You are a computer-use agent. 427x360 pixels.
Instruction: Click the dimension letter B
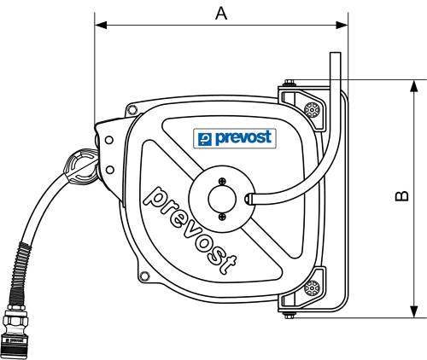point(402,196)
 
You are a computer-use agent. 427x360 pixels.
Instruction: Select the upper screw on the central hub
point(222,180)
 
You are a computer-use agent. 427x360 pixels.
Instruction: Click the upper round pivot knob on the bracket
point(313,111)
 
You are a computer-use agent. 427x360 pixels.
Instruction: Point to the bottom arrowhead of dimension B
point(414,311)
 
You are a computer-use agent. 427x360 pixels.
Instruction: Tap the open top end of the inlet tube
point(334,55)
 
